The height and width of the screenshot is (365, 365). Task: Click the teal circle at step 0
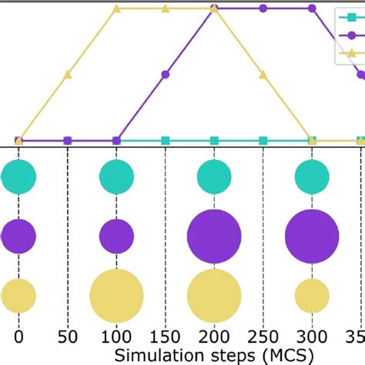tap(18, 176)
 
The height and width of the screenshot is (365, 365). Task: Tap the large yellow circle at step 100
tap(116, 296)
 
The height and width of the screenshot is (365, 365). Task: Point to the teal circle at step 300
tap(312, 176)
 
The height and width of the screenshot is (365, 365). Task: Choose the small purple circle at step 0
tap(18, 236)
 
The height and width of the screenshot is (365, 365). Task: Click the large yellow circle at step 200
tap(214, 296)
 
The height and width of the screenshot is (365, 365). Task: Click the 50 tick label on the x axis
tap(68, 337)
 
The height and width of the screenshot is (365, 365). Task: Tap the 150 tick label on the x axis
tap(166, 337)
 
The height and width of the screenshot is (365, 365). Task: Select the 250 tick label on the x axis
tap(263, 337)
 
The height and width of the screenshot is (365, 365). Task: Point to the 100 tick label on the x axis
tap(116, 337)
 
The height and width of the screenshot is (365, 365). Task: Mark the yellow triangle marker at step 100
tap(116, 8)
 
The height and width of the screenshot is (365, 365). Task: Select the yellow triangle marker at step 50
tap(68, 75)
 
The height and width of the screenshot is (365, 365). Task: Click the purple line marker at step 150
tap(166, 75)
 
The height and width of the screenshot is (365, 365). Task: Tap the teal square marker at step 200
tap(214, 140)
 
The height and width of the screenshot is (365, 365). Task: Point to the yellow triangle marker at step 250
tap(263, 75)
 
